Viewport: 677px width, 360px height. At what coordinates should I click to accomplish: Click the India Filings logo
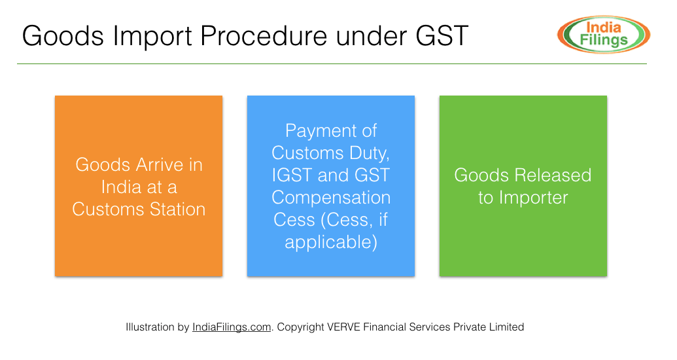coord(604,35)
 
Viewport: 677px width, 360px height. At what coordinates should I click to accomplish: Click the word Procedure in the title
coord(264,35)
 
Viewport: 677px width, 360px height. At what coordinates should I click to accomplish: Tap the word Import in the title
coord(152,36)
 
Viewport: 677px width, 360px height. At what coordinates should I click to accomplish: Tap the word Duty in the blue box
coord(370,153)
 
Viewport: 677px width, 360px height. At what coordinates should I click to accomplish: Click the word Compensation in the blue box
coord(331,198)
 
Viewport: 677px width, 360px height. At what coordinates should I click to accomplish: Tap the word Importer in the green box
coord(533,198)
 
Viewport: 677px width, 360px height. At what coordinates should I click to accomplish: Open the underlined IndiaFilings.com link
coord(232,327)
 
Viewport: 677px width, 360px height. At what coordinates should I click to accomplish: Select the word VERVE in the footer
coord(343,327)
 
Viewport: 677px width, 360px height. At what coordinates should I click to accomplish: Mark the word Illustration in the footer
coord(150,327)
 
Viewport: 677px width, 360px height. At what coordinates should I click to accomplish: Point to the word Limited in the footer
coord(506,327)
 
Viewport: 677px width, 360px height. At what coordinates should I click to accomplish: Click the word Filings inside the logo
coord(603,40)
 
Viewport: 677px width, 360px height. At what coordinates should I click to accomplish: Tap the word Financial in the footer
coord(383,327)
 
